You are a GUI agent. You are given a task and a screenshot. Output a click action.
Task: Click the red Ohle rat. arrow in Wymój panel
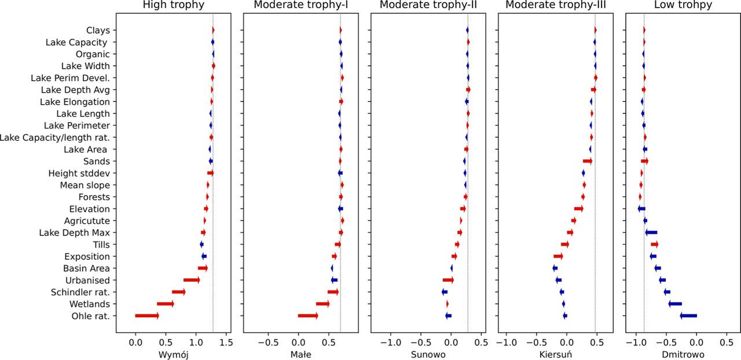point(147,315)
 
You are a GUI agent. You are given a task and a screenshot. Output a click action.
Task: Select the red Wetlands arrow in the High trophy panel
point(166,304)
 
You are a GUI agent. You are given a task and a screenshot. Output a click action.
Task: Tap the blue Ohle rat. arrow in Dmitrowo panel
point(688,315)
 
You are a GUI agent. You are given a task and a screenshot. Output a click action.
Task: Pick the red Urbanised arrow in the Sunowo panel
point(448,280)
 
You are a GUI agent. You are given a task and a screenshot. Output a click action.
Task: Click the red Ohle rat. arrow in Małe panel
point(308,315)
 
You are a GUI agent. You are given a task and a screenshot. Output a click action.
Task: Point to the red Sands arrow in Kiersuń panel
point(588,161)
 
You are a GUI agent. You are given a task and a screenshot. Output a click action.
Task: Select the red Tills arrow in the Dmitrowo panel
point(654,244)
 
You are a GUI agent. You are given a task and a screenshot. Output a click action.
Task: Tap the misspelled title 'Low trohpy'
point(683,5)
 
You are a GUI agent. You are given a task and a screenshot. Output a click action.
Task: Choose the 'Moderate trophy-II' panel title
point(428,5)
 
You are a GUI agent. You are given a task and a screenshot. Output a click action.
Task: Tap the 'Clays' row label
point(98,30)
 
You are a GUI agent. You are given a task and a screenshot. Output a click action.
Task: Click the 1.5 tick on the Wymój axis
point(226,341)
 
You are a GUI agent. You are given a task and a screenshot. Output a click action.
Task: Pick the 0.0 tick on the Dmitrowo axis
point(696,341)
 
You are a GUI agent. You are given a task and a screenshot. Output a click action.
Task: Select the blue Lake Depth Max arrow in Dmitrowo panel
point(651,233)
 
